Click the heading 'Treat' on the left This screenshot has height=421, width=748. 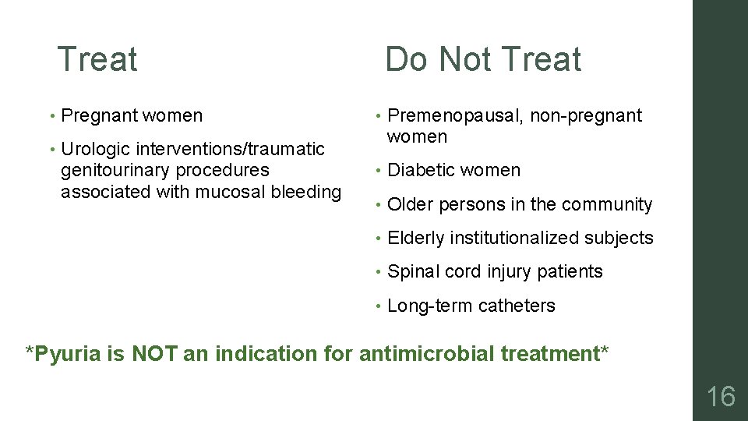pos(97,59)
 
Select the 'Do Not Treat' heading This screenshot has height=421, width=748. pos(483,59)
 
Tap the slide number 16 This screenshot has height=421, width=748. pos(720,397)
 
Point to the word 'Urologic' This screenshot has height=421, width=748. pos(95,148)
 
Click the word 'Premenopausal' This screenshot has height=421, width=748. pos(454,116)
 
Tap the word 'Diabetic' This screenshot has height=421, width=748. pos(421,170)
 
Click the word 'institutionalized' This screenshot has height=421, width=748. pos(526,238)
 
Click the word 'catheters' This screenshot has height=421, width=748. pos(517,306)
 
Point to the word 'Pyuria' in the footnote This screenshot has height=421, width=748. pos(63,354)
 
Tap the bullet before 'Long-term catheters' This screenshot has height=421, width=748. pos(378,306)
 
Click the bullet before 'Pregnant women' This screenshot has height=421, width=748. pos(51,116)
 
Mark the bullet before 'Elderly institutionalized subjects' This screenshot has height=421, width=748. pos(378,238)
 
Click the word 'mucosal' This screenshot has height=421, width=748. pos(225,192)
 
